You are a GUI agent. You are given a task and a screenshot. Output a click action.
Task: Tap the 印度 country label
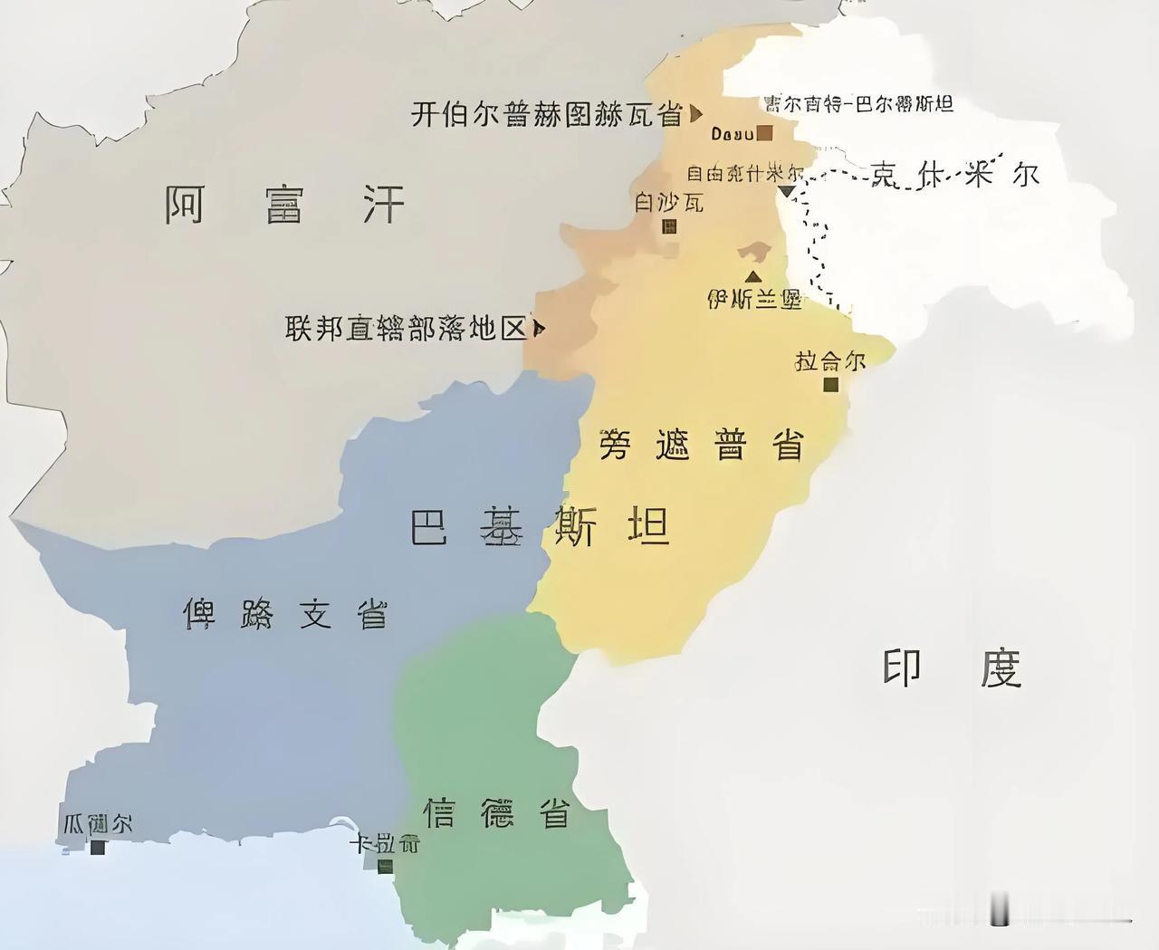pyautogui.click(x=951, y=668)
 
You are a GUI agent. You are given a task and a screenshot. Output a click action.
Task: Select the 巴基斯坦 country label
pyautogui.click(x=540, y=526)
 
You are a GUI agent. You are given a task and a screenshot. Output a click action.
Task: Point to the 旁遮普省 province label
pyautogui.click(x=702, y=445)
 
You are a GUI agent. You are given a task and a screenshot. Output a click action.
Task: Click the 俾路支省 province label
pyautogui.click(x=285, y=614)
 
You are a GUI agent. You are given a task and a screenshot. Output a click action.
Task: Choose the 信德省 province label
pyautogui.click(x=499, y=812)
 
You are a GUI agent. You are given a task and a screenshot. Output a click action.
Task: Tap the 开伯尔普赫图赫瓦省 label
pyautogui.click(x=547, y=114)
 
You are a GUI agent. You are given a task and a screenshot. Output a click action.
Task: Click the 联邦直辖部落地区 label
pyautogui.click(x=406, y=328)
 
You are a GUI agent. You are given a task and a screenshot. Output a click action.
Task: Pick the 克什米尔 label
pyautogui.click(x=954, y=174)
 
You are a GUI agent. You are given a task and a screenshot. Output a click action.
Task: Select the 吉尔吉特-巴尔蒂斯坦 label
pyautogui.click(x=858, y=103)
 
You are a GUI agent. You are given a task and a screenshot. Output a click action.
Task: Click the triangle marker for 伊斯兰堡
pyautogui.click(x=752, y=276)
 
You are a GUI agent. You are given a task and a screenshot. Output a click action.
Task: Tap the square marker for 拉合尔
pyautogui.click(x=830, y=385)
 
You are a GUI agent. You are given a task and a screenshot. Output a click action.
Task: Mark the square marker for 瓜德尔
pyautogui.click(x=98, y=848)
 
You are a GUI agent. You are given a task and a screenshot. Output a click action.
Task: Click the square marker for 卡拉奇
pyautogui.click(x=385, y=867)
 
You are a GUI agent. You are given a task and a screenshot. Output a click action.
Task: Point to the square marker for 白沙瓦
pyautogui.click(x=669, y=226)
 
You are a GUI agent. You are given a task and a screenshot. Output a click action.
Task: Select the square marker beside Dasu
pyautogui.click(x=765, y=134)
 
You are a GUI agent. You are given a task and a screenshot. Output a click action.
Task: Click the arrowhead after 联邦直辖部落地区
pyautogui.click(x=540, y=328)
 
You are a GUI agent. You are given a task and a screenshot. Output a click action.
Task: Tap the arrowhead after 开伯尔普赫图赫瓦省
pyautogui.click(x=695, y=114)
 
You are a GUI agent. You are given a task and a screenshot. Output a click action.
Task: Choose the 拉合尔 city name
pyautogui.click(x=829, y=361)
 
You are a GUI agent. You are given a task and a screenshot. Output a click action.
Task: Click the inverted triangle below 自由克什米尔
pyautogui.click(x=787, y=191)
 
